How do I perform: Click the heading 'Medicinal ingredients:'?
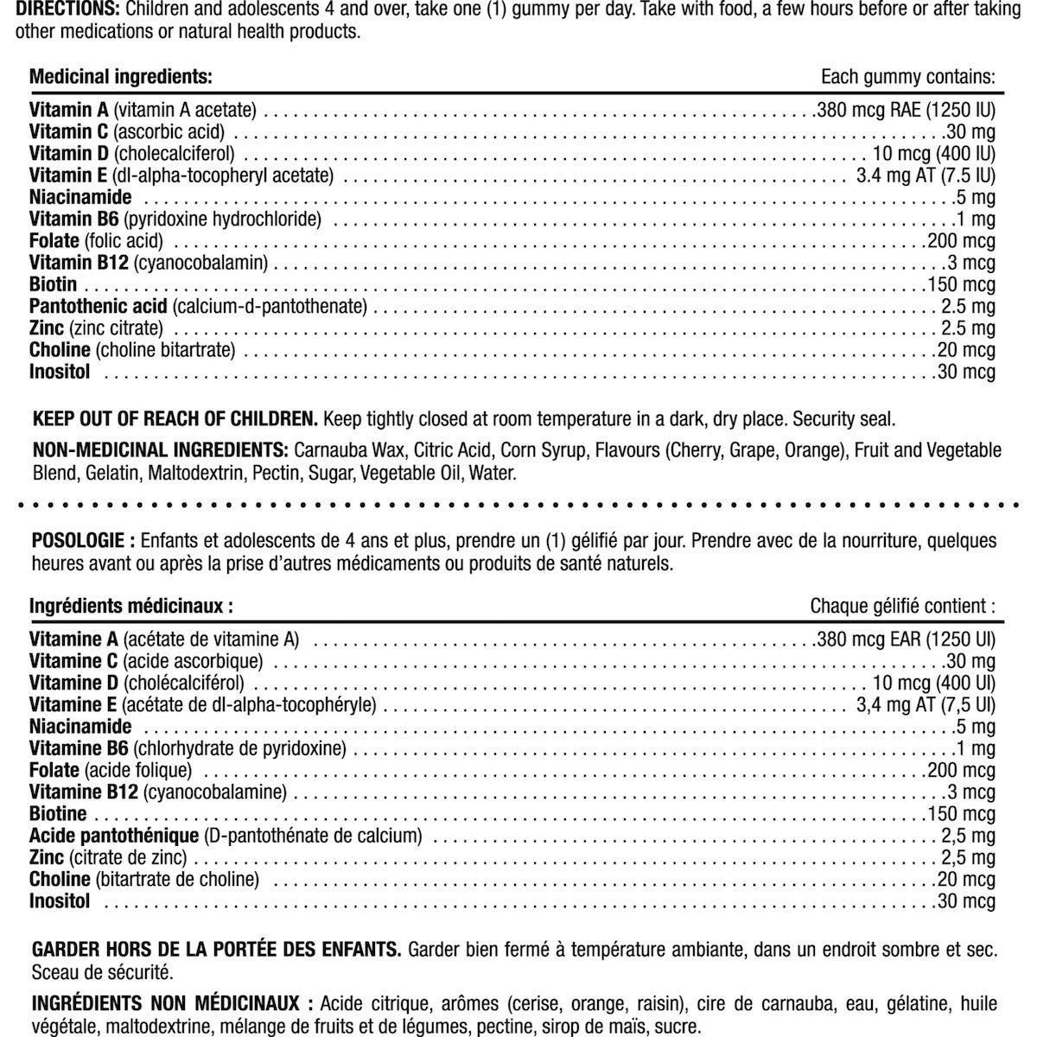pos(120,76)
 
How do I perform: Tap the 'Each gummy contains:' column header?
pos(908,76)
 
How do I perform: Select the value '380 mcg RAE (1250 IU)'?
pos(905,111)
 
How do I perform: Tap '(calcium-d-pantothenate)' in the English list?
pos(270,307)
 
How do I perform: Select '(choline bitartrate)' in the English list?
pos(166,350)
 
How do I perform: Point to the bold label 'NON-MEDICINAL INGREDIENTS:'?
pos(160,450)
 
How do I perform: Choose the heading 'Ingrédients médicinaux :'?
pos(130,606)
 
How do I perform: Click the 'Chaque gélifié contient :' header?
pos(902,606)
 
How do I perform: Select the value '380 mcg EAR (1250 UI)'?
pos(905,639)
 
